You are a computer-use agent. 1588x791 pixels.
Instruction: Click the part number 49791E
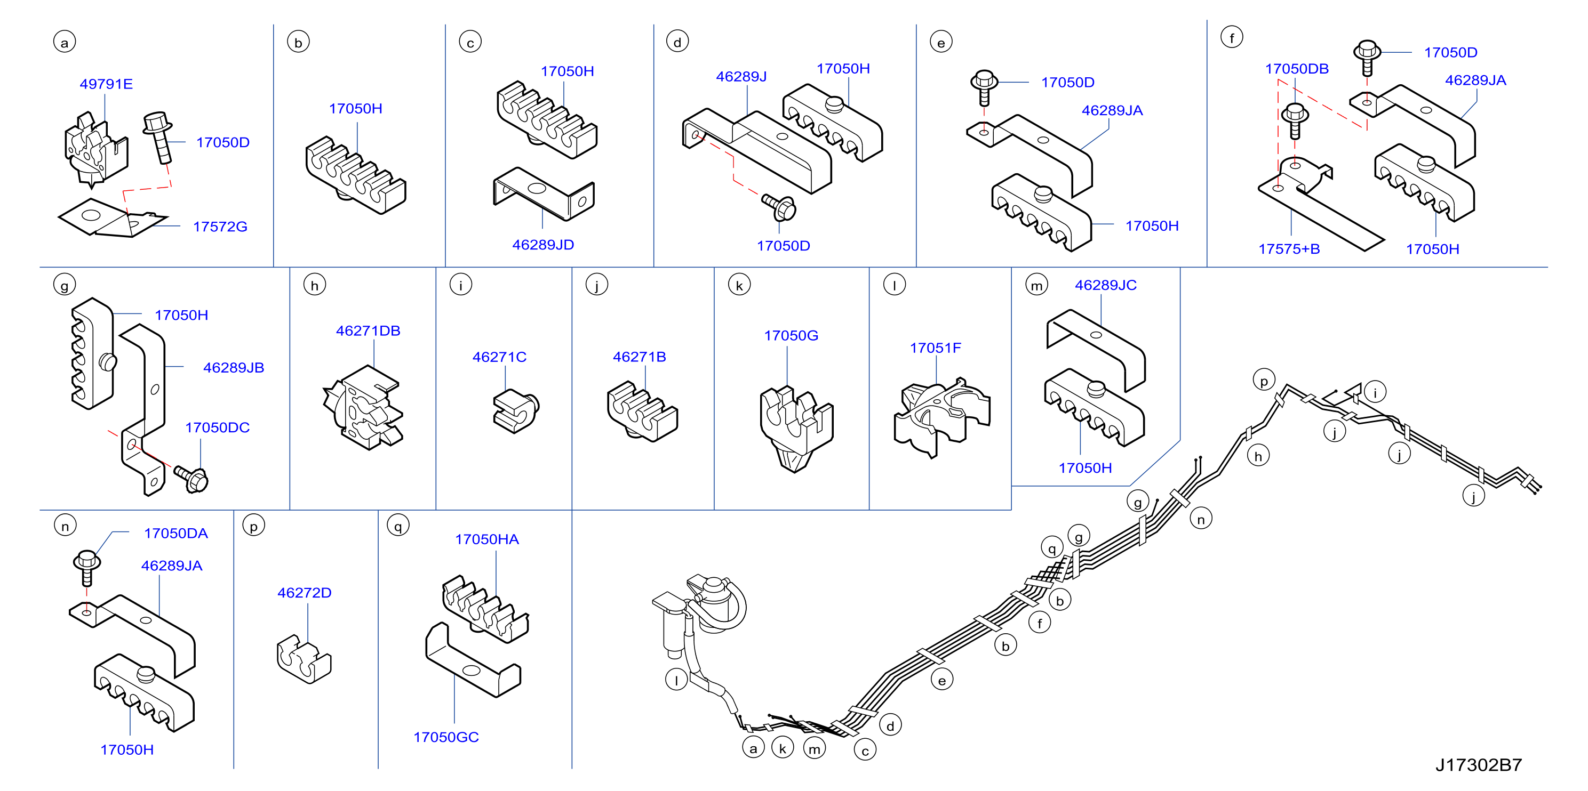point(106,84)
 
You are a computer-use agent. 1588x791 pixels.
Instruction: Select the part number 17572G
point(220,227)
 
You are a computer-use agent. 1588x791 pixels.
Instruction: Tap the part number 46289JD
point(543,245)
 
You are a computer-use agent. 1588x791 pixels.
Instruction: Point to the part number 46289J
point(741,76)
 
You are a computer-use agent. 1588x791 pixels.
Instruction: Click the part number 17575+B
point(1289,249)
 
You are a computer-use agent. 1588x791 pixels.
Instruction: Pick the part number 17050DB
point(1296,68)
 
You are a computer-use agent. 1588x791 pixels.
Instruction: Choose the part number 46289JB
point(234,368)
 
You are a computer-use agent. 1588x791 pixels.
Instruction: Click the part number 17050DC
point(217,427)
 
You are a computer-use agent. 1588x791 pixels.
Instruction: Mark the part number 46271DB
point(368,331)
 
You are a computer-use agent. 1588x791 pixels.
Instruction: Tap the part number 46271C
point(499,357)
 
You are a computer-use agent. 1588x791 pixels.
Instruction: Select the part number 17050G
point(791,336)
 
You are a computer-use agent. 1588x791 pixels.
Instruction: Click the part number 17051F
point(935,348)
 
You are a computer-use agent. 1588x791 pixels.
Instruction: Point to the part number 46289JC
point(1105,285)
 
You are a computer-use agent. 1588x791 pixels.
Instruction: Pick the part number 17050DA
point(175,534)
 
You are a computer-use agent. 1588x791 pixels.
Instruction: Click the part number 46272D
point(305,593)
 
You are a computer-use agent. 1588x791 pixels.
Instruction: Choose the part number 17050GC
point(446,737)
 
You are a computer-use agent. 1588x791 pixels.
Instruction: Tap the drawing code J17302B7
point(1478,765)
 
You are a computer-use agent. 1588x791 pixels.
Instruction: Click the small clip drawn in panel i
point(516,410)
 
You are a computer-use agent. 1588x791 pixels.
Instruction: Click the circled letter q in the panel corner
point(398,526)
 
